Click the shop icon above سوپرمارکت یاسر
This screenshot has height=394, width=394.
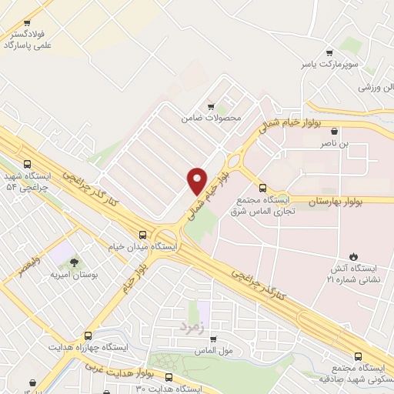coord(330,53)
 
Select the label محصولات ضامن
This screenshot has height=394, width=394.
coord(212,119)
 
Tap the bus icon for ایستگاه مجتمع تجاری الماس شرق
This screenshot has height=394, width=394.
coord(262,187)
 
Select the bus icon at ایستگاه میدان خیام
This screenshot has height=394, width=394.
coord(142,235)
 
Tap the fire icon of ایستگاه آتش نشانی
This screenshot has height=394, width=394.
coord(352,256)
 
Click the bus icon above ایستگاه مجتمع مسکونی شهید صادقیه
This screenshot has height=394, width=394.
coord(356,356)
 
